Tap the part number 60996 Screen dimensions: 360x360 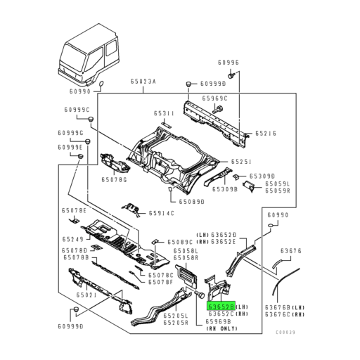pyautogui.click(x=230, y=62)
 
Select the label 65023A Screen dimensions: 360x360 pyautogui.click(x=143, y=82)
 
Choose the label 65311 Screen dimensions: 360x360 pyautogui.click(x=165, y=113)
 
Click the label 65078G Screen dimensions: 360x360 pyautogui.click(x=112, y=181)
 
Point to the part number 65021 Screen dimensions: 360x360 pyautogui.click(x=86, y=296)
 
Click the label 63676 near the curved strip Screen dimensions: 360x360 pyautogui.click(x=291, y=250)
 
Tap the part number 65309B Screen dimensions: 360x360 pyautogui.click(x=224, y=189)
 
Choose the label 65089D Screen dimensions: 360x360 pyautogui.click(x=191, y=202)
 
